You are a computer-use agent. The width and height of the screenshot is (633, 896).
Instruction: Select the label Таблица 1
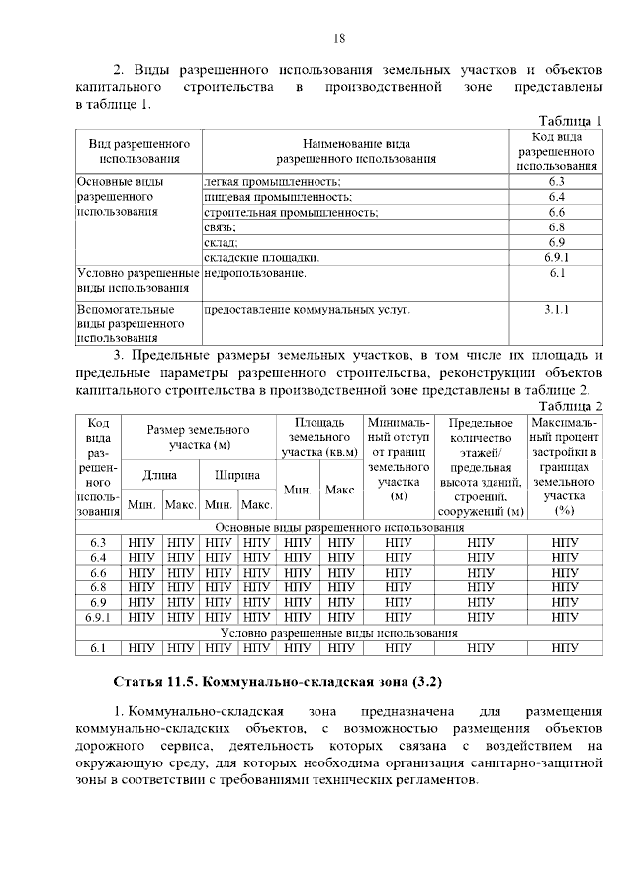coord(570,120)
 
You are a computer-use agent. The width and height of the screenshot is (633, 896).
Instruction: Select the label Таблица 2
coord(570,406)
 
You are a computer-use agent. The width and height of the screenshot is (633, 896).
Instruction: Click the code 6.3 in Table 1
coord(555,182)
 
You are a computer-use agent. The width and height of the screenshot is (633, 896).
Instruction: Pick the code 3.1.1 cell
coord(555,310)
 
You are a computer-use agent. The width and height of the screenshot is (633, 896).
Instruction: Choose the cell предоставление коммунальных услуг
coord(307,310)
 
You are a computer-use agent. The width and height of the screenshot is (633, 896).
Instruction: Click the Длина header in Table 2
coord(159,474)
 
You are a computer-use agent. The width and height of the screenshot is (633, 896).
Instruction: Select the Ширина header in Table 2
coord(237,474)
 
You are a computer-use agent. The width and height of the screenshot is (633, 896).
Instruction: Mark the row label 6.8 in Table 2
coord(97,586)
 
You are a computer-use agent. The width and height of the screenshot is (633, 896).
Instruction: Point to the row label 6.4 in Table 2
coord(97,557)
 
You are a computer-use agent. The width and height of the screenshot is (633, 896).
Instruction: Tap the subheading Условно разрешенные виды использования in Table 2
coord(338,632)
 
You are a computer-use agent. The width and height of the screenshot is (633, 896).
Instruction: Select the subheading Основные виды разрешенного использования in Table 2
coord(338,527)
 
